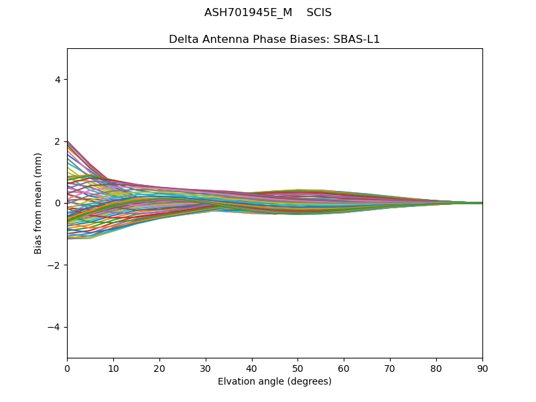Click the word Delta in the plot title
pyautogui.click(x=183, y=39)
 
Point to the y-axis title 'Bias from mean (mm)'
pyautogui.click(x=38, y=203)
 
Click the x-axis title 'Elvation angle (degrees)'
pyautogui.click(x=275, y=381)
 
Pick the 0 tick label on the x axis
pyautogui.click(x=67, y=368)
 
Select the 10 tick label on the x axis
pyautogui.click(x=113, y=368)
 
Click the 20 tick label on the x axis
pyautogui.click(x=159, y=368)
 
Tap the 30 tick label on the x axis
pyautogui.click(x=206, y=368)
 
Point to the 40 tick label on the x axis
pyautogui.click(x=252, y=368)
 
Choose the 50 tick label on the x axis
pyautogui.click(x=297, y=368)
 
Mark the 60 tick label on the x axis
pyautogui.click(x=344, y=368)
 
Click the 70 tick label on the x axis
pyautogui.click(x=390, y=368)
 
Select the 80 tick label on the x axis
pyautogui.click(x=436, y=368)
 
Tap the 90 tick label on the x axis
pyautogui.click(x=482, y=368)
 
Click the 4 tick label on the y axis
pyautogui.click(x=58, y=80)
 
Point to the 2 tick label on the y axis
pyautogui.click(x=58, y=141)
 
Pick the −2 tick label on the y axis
pyautogui.click(x=55, y=265)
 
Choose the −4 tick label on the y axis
pyautogui.click(x=55, y=327)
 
